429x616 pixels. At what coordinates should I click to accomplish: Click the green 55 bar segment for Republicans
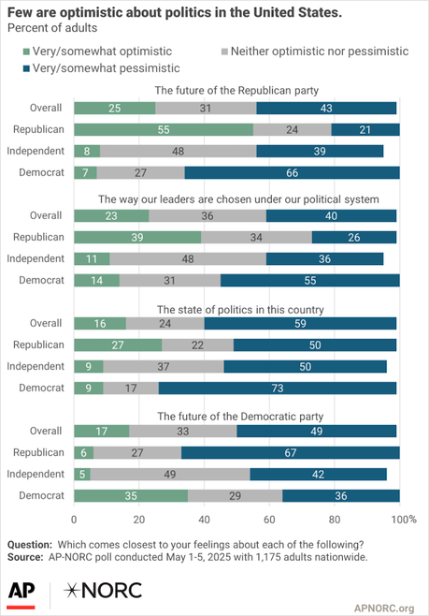tap(164, 129)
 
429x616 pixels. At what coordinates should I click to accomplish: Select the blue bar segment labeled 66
tap(292, 172)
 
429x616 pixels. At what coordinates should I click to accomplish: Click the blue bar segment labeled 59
tap(300, 322)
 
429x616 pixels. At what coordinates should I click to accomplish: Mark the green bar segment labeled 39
tap(137, 236)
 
